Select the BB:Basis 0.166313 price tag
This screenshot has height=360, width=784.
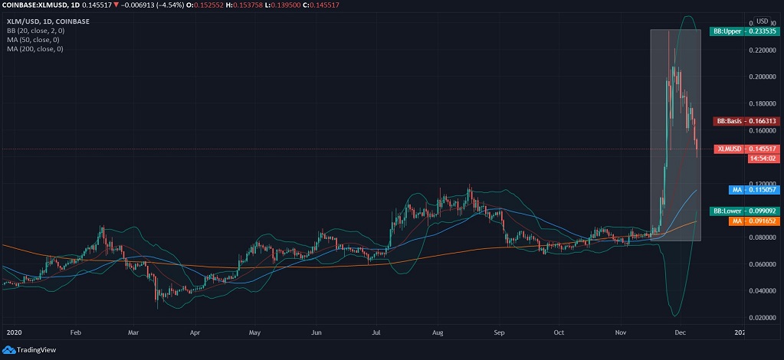tap(746, 121)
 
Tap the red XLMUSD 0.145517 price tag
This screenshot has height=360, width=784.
tap(747, 149)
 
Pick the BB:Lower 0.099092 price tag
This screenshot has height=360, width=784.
tap(745, 211)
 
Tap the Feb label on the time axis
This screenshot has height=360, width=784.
tap(75, 333)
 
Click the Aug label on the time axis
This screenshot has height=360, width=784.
tap(438, 333)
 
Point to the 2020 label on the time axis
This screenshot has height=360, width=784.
tap(13, 333)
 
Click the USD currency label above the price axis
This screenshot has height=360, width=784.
tap(763, 21)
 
